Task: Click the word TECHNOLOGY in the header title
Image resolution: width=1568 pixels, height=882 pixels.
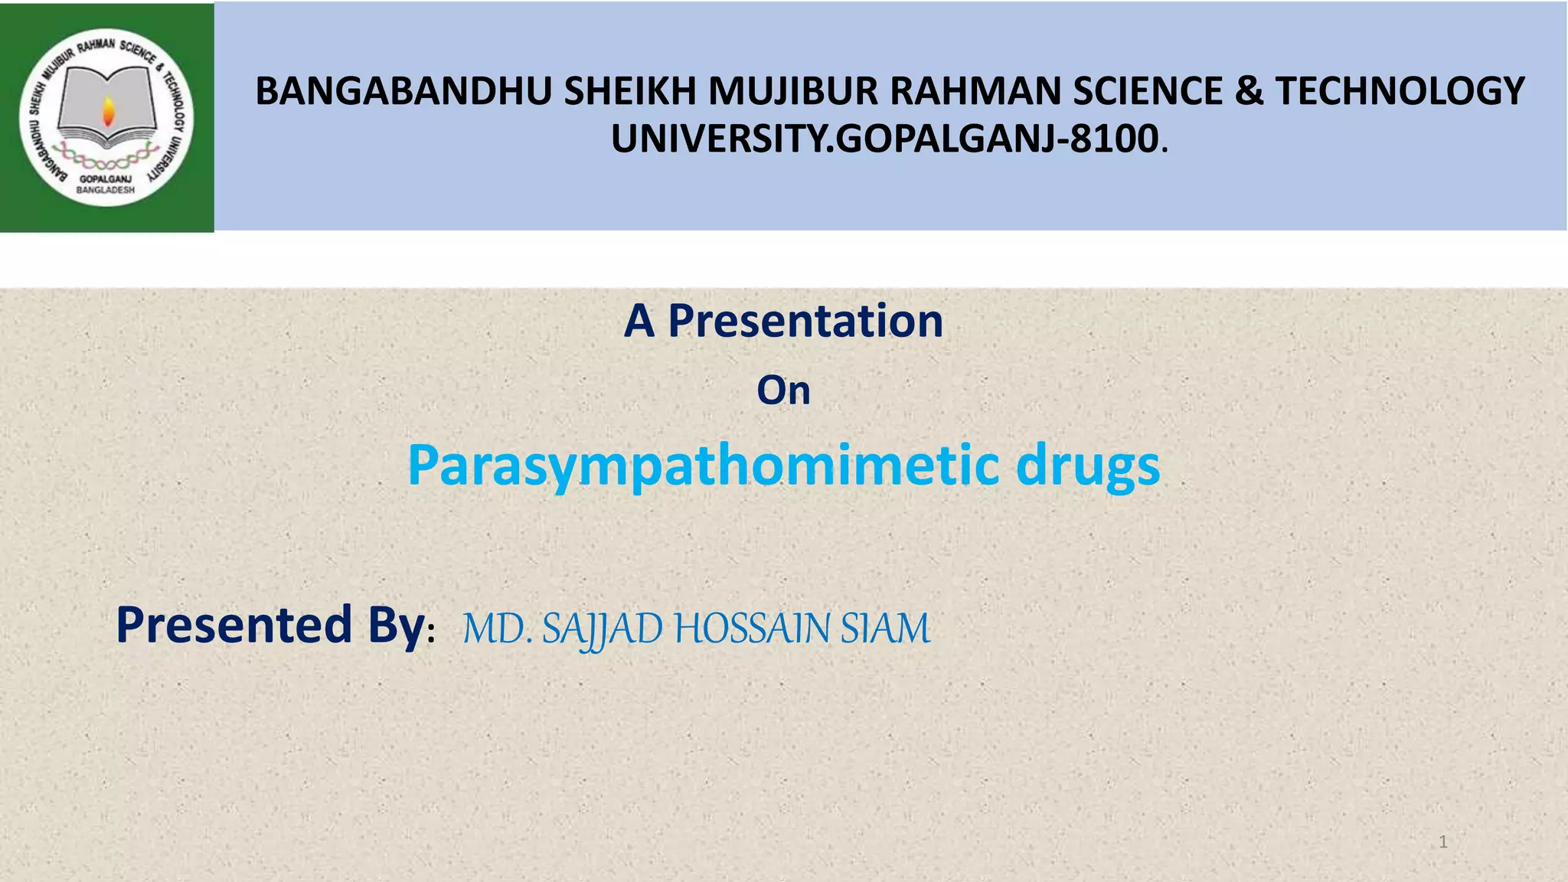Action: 1400,91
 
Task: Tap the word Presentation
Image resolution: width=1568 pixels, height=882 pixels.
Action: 805,321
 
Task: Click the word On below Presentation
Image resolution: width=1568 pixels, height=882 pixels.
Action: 783,390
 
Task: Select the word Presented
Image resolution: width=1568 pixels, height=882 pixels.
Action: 234,625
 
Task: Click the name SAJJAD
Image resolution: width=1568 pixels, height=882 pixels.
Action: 602,629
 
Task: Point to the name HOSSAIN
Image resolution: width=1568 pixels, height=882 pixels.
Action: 752,629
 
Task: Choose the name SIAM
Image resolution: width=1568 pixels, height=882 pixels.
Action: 885,629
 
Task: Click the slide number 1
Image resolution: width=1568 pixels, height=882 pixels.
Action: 1442,842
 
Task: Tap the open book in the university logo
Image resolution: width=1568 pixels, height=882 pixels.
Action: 107,107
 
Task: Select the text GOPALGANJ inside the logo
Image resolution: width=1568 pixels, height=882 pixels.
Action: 106,179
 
